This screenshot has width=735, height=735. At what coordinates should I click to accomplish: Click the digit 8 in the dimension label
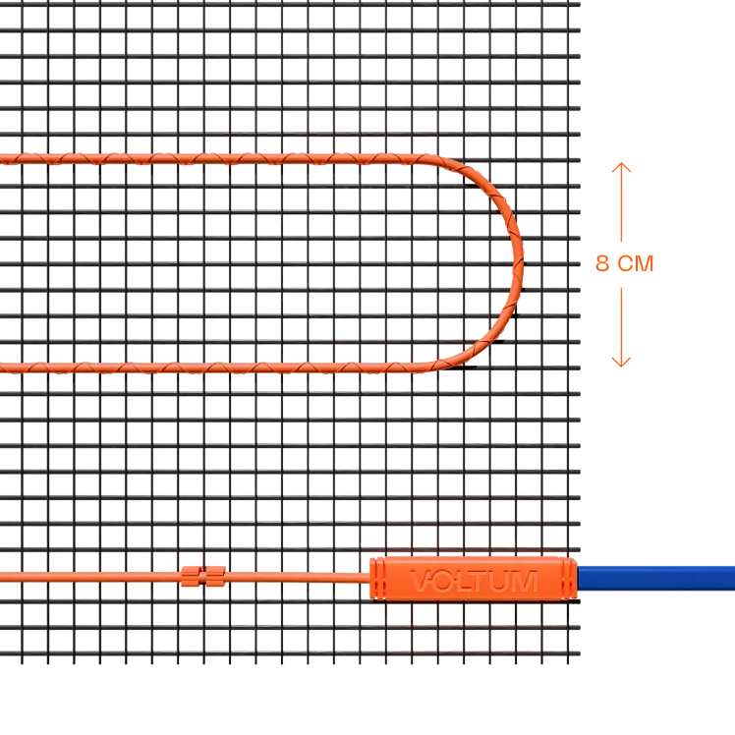(602, 263)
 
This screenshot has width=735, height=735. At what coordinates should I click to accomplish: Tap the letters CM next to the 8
(636, 263)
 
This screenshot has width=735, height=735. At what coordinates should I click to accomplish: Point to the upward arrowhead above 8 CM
(621, 167)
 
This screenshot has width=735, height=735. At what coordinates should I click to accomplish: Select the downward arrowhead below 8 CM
(621, 362)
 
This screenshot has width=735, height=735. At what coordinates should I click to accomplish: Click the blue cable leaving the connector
(655, 578)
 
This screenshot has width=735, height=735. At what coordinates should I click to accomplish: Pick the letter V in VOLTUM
(421, 581)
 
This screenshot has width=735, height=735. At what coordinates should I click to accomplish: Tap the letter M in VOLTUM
(526, 582)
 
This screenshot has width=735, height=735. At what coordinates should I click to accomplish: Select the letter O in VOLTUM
(442, 582)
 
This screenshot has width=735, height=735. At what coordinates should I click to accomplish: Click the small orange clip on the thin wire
(203, 576)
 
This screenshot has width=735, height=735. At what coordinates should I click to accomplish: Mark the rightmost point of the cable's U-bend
(522, 263)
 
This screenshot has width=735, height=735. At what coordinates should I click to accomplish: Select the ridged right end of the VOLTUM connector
(568, 578)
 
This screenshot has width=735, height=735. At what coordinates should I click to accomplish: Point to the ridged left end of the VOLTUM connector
(377, 579)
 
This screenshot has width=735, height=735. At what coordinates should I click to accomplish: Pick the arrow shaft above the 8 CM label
(621, 202)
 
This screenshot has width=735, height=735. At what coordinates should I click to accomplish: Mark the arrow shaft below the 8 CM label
(621, 327)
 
